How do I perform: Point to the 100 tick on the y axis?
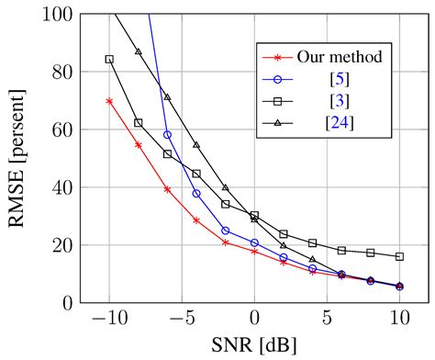point(56,15)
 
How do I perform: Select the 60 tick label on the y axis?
point(61,129)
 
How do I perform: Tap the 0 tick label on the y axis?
point(66,303)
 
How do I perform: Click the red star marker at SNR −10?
point(109,101)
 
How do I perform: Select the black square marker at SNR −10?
point(109,59)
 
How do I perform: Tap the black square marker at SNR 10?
point(399,257)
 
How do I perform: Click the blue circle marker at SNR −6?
point(167,135)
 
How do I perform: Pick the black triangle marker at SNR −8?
point(139,51)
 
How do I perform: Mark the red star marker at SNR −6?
point(167,189)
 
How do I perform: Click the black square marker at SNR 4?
point(313,243)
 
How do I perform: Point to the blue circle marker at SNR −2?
point(226,231)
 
